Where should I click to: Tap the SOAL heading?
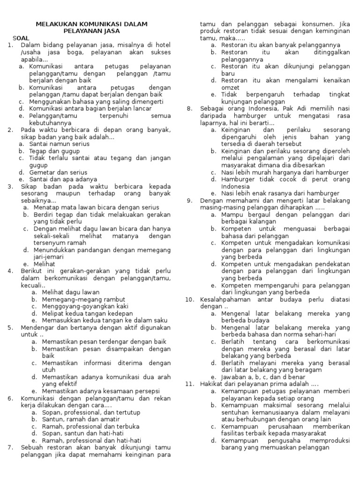click(x=21, y=38)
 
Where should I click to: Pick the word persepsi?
click(x=146, y=391)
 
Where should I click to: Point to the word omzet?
click(x=230, y=88)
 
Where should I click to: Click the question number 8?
click(x=189, y=109)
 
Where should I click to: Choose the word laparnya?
click(x=212, y=123)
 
